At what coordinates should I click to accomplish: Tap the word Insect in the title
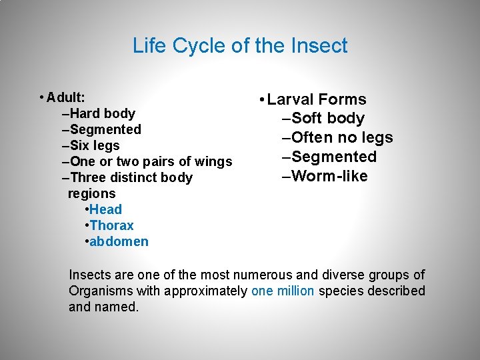coord(320,45)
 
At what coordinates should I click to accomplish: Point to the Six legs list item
coord(94,145)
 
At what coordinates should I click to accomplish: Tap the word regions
coord(92,193)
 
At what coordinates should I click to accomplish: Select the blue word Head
coord(105,209)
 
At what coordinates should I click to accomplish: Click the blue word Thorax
coord(111,225)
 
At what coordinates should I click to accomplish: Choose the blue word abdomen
coord(119,241)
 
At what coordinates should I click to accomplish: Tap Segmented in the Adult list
coord(105,129)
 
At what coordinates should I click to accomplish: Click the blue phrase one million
coord(283,291)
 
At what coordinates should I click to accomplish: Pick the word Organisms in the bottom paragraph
coord(101,291)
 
